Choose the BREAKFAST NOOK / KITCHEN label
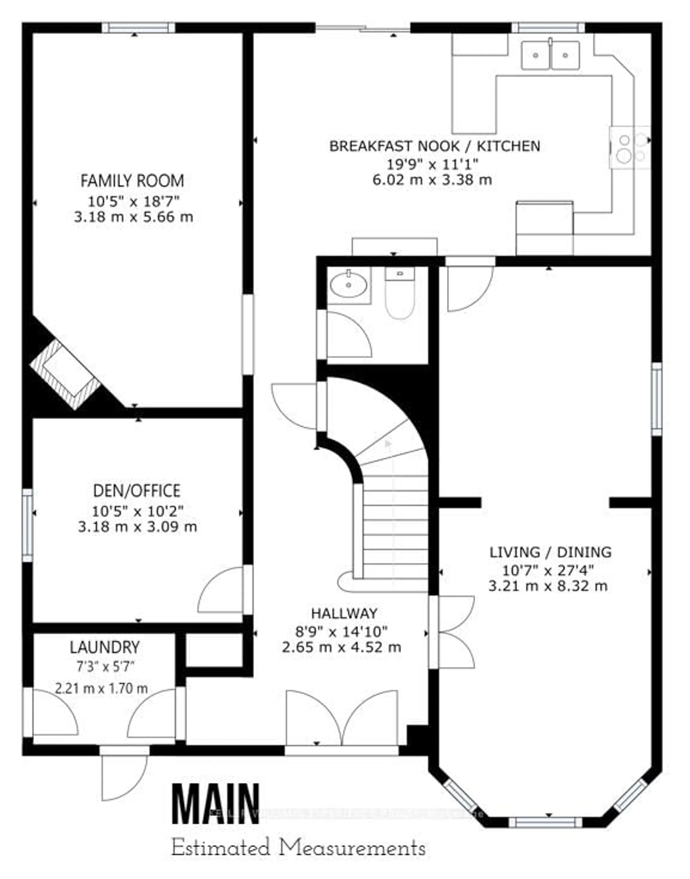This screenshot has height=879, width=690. point(435,146)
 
